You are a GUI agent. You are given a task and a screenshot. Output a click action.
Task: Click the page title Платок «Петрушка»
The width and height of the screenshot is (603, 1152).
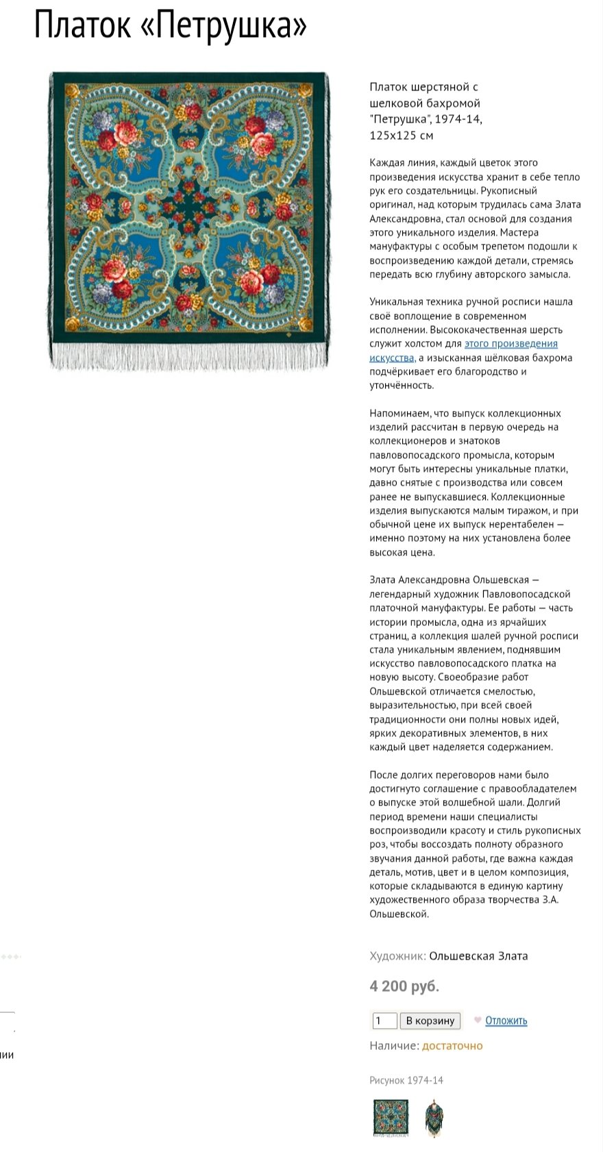[171, 26]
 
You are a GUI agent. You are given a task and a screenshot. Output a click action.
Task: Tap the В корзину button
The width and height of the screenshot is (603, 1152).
[430, 1020]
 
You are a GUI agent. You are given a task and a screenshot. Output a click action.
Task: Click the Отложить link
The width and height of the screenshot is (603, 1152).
[506, 1020]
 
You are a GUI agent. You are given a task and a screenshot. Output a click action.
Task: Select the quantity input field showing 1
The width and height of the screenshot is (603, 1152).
[384, 1020]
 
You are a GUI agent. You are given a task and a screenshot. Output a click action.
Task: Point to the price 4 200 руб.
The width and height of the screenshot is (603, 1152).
[404, 986]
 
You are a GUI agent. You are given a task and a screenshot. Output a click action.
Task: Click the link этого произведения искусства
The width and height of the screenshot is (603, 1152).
[510, 344]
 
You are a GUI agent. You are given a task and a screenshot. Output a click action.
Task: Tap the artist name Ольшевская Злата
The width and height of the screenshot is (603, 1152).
[478, 956]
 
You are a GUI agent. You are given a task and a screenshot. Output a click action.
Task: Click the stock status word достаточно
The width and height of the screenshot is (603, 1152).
[452, 1046]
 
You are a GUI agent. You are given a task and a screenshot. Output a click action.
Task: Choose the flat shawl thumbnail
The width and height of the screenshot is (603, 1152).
[391, 1118]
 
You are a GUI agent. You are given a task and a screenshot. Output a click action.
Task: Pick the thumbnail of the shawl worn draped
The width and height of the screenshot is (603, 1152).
[432, 1118]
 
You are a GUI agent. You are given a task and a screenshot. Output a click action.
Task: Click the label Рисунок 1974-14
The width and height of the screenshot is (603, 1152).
[406, 1080]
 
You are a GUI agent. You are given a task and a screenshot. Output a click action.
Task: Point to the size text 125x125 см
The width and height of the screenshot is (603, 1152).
[402, 136]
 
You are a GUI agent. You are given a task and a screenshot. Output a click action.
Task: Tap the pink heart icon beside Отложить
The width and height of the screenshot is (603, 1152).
[478, 1020]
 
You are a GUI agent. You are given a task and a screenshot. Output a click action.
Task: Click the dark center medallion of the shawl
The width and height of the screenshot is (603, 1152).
[189, 210]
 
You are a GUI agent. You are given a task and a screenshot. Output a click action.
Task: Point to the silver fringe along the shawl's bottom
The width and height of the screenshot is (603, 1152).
[189, 356]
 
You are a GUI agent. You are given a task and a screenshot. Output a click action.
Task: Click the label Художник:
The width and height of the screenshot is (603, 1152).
[397, 956]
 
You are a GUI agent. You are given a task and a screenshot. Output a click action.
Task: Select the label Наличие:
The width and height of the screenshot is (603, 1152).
[394, 1046]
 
